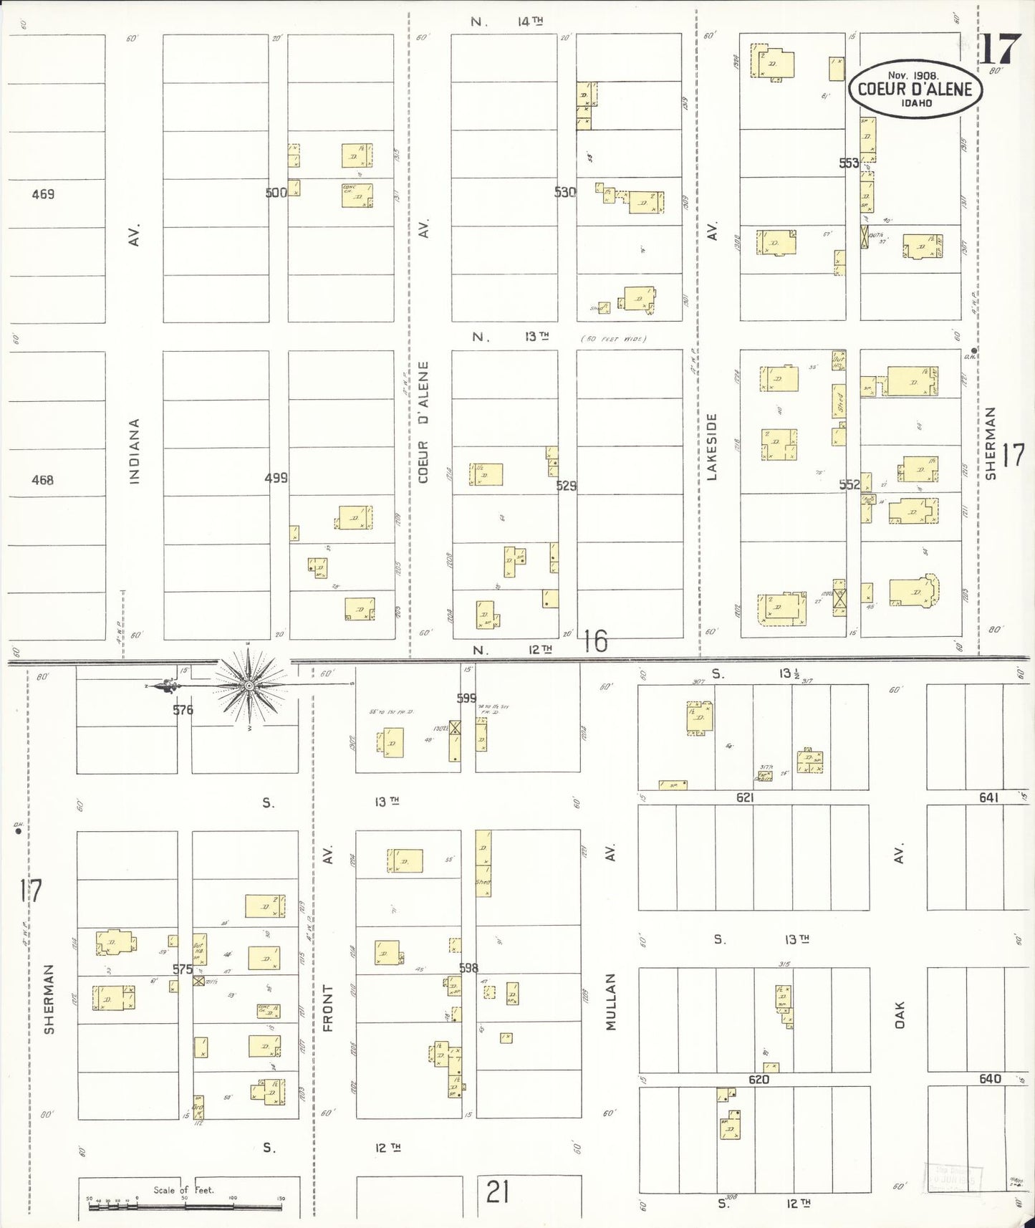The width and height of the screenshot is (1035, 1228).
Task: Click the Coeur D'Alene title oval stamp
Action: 915,89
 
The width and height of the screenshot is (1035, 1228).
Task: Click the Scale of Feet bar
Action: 185,1207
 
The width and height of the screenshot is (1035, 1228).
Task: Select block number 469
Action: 43,193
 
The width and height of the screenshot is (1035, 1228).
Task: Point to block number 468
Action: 42,480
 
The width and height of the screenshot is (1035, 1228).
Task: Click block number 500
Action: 276,192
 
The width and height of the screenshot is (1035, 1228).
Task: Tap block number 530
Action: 565,192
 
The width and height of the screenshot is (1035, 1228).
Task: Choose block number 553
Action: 849,163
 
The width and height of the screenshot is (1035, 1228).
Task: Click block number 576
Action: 183,710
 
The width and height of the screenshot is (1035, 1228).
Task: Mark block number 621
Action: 745,797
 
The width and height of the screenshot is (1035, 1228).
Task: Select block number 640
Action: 990,1078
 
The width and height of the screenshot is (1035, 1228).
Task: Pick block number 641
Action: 988,797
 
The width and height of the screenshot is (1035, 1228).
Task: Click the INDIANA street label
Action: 135,451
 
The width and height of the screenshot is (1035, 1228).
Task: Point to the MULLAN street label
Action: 611,1001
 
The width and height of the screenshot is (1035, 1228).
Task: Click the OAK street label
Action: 900,1015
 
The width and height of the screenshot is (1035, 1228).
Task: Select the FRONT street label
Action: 328,1007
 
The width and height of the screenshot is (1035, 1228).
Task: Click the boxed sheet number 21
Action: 497,1193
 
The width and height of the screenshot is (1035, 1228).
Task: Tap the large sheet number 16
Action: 595,641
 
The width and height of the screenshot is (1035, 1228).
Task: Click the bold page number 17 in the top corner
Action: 999,49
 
